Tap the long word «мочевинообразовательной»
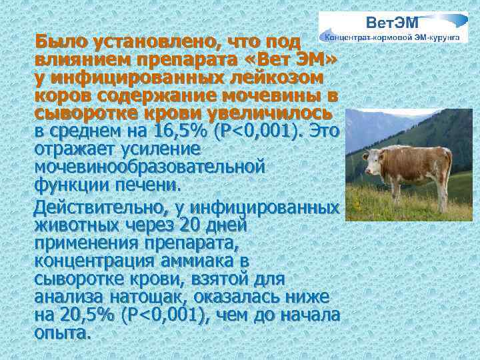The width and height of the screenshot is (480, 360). pos(151,165)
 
